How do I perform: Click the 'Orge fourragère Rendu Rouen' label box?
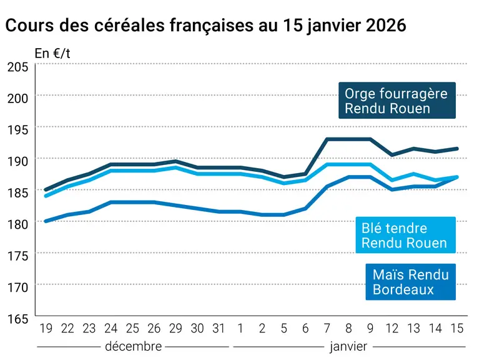click(397, 100)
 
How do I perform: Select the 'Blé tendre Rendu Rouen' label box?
click(405, 235)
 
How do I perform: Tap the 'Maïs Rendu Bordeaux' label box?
click(410, 282)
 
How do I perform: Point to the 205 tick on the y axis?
click(18, 67)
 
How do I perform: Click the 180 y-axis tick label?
click(18, 224)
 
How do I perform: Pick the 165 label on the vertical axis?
click(18, 319)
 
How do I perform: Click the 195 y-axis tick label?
click(18, 130)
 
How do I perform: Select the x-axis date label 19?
click(46, 329)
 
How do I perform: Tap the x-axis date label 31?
click(219, 329)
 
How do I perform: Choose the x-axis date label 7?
click(327, 329)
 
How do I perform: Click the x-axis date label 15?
click(457, 329)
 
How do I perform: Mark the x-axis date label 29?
click(175, 329)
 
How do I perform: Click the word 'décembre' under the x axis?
click(134, 346)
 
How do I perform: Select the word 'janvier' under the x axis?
click(348, 347)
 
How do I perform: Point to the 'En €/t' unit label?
click(52, 54)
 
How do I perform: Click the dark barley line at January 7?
click(327, 139)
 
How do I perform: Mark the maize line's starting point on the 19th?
click(46, 221)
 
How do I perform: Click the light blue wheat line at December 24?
click(111, 171)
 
